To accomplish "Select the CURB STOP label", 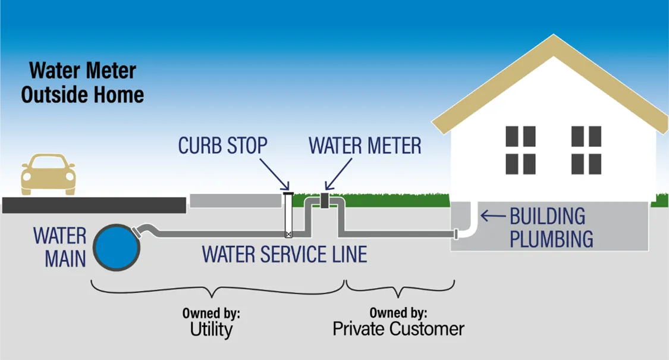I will click(223, 146).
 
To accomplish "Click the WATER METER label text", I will click(365, 146).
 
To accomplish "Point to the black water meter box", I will click(325, 201).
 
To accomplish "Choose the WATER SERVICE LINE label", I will click(284, 254).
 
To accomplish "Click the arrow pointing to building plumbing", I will click(492, 215).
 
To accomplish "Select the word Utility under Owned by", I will click(211, 329).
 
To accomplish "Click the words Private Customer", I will click(398, 328).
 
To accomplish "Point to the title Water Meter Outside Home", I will click(83, 83).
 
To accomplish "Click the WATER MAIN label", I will click(59, 246).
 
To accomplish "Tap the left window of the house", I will click(520, 150).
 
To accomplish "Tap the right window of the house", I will click(586, 150).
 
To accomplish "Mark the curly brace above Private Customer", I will click(400, 289).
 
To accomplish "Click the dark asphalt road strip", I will click(94, 205).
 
